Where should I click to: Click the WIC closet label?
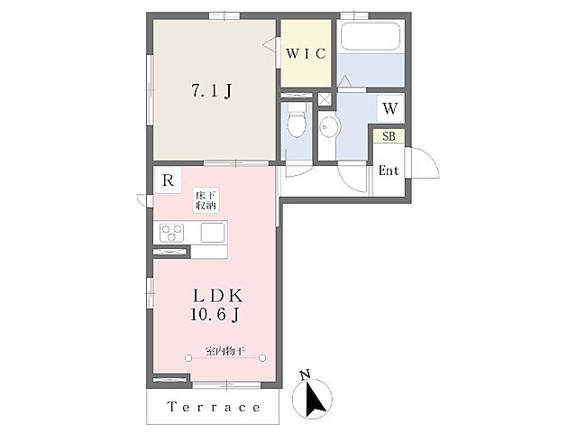coord(306,54)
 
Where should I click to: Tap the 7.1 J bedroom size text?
coord(212,90)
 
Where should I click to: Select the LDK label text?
coord(218,296)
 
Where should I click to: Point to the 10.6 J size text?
coord(215,315)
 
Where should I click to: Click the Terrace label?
coord(214,407)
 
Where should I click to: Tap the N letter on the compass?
coord(305,375)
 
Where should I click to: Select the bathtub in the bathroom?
coord(371,36)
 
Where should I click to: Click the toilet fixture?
coord(297,119)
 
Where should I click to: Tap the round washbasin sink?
coord(327,127)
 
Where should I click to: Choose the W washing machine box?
coord(390,108)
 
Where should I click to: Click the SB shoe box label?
coord(389,136)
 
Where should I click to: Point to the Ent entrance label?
coord(389,170)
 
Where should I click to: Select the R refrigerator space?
coord(168,180)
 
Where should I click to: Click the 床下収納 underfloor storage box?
coord(206,200)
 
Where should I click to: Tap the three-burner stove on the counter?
coord(171,233)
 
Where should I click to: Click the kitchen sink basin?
coord(213,233)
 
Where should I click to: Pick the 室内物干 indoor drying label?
coord(225,351)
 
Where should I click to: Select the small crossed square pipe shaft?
coord(325,99)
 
